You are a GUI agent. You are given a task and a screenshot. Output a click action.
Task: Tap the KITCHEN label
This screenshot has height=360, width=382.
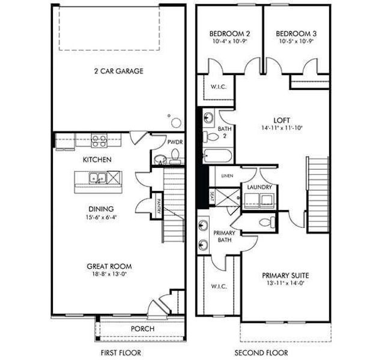tap(97, 160)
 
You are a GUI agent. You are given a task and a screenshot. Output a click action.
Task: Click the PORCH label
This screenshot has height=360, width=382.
tap(142, 329)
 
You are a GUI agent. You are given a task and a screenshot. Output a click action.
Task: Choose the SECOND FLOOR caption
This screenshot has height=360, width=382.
tap(261, 352)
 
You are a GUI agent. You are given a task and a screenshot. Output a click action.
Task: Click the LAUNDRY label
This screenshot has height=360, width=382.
tap(259, 188)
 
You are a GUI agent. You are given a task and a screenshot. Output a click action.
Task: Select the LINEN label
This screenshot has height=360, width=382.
tap(227, 176)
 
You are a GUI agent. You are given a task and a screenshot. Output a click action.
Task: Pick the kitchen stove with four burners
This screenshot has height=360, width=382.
tap(99, 141)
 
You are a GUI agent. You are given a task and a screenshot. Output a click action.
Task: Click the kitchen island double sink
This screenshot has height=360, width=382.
tap(97, 178)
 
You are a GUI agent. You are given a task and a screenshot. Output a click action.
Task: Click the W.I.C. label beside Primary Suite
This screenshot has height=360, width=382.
tap(218, 286)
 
